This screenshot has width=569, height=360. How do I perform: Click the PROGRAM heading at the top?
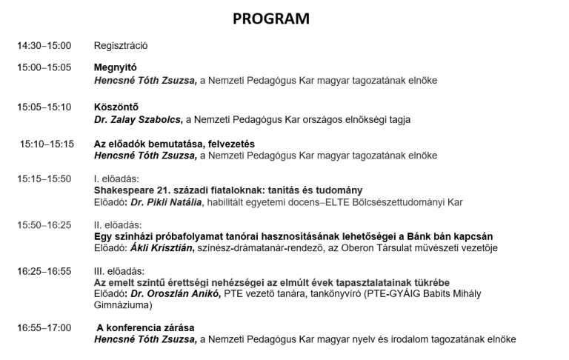271,19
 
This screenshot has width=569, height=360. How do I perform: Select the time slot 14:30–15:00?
44,46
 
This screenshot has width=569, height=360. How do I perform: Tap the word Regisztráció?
122,46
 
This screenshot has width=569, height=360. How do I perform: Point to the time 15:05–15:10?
44,107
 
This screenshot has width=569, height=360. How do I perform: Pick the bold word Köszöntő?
116,107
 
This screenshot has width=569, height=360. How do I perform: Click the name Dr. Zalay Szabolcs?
138,119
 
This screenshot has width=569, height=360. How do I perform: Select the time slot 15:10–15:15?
47,144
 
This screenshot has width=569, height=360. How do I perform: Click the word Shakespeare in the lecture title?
124,190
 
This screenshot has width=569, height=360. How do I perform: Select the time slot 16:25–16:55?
44,271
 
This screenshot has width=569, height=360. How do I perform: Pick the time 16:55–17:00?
44,327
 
